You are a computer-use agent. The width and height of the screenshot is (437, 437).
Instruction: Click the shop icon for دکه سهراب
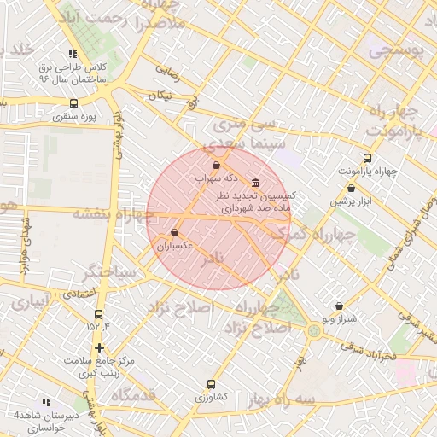215,165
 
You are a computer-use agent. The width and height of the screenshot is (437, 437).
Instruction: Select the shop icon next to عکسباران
175,232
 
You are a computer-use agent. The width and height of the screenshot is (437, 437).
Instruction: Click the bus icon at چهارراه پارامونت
367,158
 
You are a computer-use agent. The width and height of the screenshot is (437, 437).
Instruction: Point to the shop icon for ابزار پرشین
351,189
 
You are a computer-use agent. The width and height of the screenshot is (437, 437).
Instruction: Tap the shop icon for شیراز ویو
339,306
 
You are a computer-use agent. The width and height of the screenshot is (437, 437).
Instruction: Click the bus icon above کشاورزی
211,385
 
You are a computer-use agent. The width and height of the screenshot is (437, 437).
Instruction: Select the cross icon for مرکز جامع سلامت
101,347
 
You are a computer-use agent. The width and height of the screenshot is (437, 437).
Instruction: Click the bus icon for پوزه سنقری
73,102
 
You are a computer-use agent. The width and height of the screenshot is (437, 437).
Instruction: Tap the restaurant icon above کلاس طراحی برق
73,54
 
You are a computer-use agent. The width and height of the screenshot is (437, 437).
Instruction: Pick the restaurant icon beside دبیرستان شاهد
46,401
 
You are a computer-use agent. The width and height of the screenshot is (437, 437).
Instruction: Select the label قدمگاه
131,394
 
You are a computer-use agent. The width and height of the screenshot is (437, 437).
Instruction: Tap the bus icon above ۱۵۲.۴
99,314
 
